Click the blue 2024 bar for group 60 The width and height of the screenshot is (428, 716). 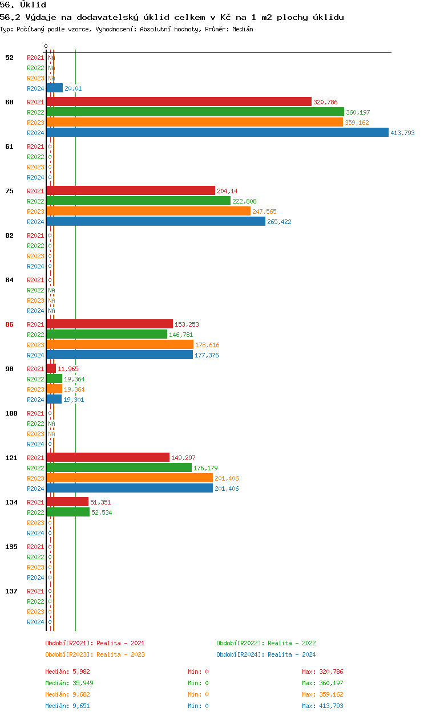pos(217,132)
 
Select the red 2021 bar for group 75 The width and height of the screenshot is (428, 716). pos(131,190)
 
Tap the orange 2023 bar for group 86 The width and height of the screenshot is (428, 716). pos(120,344)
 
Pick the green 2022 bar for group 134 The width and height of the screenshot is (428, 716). pos(68,512)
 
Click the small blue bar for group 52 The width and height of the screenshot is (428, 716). pos(55,88)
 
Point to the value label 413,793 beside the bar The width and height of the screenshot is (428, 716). pos(402,133)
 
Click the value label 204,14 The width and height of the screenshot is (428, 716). pos(227,191)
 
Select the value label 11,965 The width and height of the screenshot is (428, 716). pos(68,369)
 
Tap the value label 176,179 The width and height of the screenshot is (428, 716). pos(205,468)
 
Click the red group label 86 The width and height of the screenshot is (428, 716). pos(9,324)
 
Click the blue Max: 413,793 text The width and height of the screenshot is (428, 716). pos(322,706)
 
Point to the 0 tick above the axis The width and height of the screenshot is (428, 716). pos(46,46)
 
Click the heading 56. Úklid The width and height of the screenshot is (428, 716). pos(23,5)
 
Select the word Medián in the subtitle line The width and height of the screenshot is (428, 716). pos(243,29)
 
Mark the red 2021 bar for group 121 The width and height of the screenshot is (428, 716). pos(108,457)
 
